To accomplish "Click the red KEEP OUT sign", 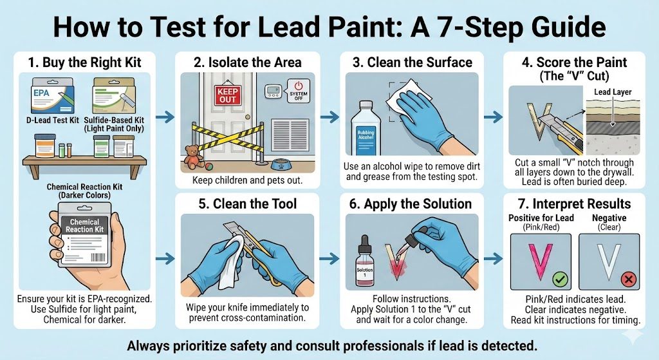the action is click(x=228, y=95).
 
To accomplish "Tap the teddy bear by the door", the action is click(x=193, y=156).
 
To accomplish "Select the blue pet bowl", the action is click(x=281, y=164).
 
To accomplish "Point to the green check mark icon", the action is click(x=560, y=279).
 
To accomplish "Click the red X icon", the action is click(x=629, y=279).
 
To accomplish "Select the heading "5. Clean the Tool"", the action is click(x=248, y=204).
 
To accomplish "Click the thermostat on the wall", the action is click(x=273, y=91).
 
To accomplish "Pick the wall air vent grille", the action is click(x=291, y=135).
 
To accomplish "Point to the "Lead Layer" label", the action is click(x=613, y=92).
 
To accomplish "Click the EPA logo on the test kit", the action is click(x=41, y=93).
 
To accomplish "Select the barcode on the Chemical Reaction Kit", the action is click(x=98, y=257).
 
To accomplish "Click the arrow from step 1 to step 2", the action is click(x=165, y=117).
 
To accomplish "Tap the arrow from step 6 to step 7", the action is click(x=494, y=258).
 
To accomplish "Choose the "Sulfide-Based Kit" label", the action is click(x=114, y=120).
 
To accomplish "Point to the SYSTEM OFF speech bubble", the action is click(x=298, y=91).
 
